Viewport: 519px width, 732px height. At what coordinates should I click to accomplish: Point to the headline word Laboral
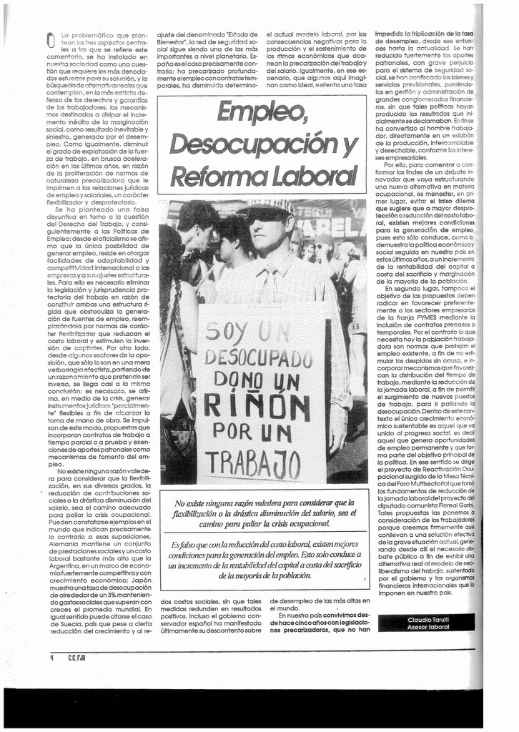pyautogui.click(x=309, y=174)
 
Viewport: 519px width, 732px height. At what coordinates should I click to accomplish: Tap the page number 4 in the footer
pyautogui.click(x=52, y=658)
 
